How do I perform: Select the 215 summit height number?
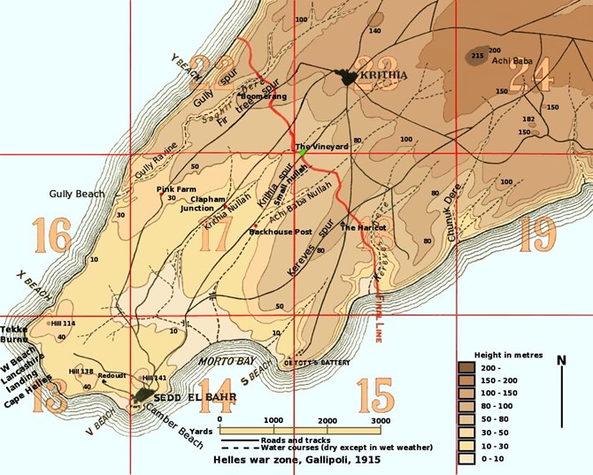click(x=478, y=56)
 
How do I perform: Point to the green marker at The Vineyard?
click(x=303, y=152)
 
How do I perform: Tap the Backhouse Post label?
click(x=281, y=232)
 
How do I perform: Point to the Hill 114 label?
click(x=63, y=324)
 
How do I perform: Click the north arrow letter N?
click(x=561, y=359)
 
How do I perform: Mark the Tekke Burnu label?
click(x=15, y=333)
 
